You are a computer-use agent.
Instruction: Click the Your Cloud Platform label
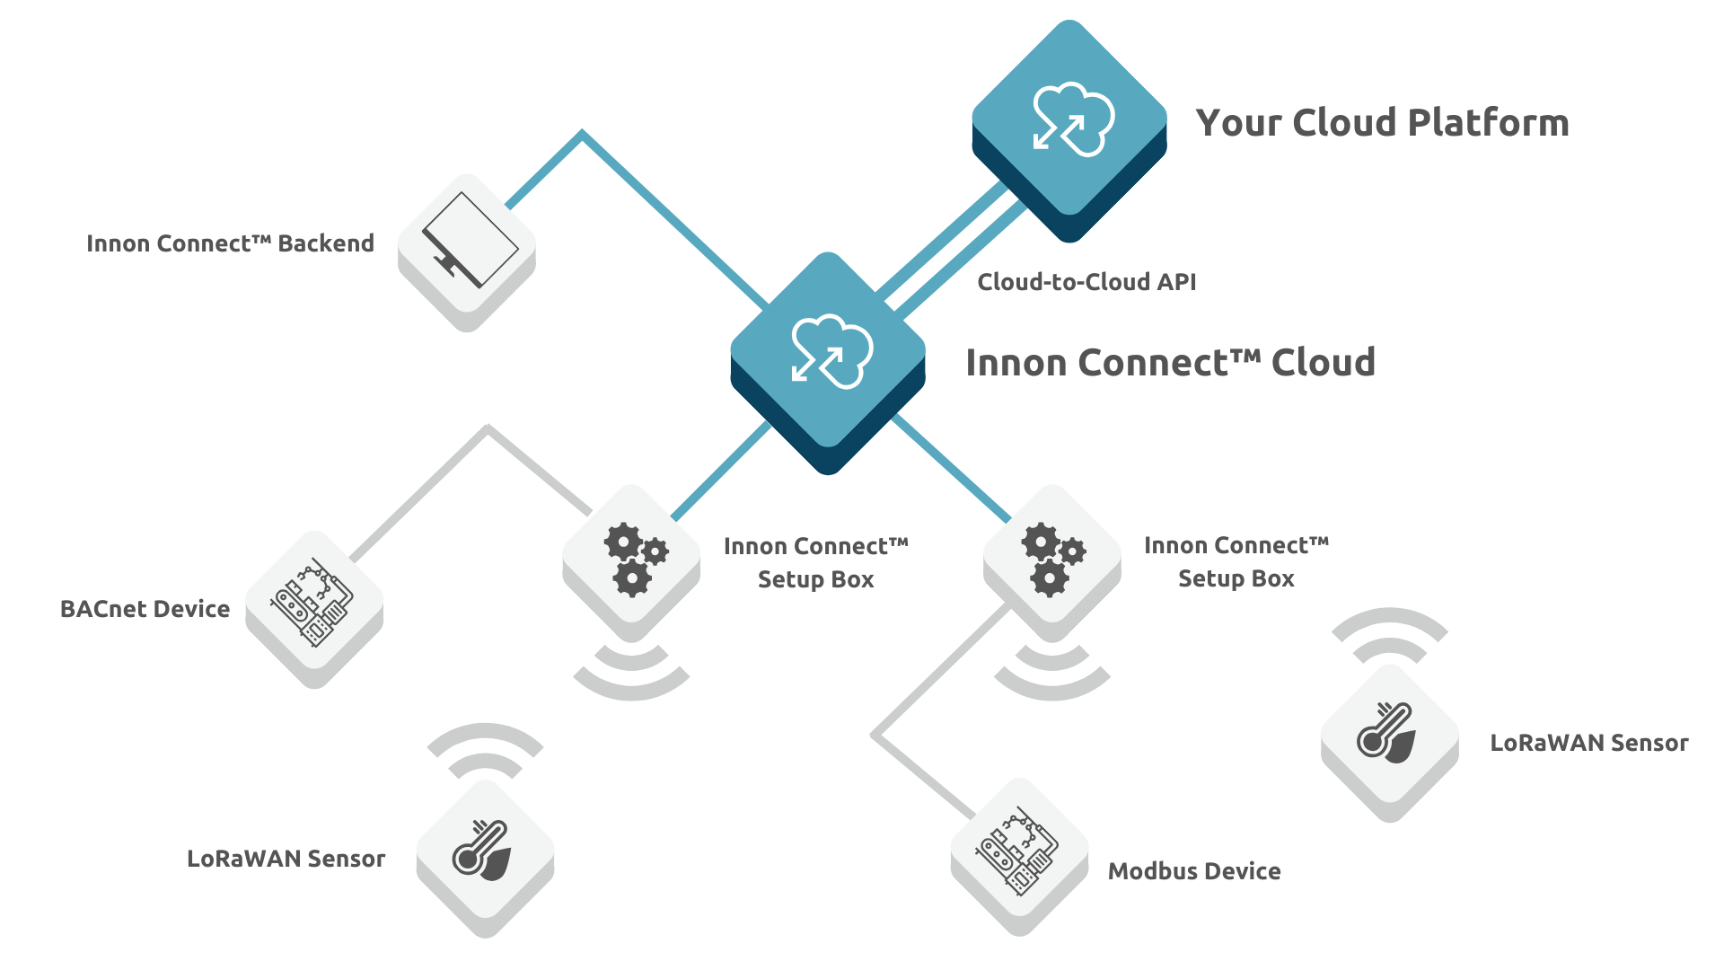(1382, 123)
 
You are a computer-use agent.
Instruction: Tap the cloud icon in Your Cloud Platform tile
(1072, 119)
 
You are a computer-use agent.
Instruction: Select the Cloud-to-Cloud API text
(1086, 282)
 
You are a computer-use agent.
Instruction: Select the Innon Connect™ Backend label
(230, 243)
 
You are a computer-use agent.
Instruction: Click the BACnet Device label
(145, 609)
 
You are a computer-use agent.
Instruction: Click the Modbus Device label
(1194, 871)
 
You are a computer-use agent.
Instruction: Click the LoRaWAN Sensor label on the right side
(1588, 743)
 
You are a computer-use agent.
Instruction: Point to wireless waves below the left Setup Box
(631, 675)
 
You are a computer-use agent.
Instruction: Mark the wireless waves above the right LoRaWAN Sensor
(1389, 634)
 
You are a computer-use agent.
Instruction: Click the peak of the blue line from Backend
(583, 135)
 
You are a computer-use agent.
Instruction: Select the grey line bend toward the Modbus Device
(873, 735)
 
